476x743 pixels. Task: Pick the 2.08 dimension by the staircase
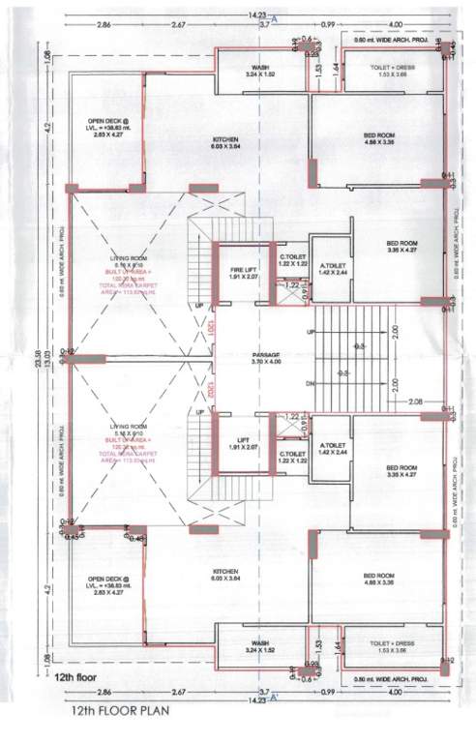click(415, 400)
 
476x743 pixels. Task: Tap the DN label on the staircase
click(309, 383)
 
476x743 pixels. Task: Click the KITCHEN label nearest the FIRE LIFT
click(225, 140)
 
